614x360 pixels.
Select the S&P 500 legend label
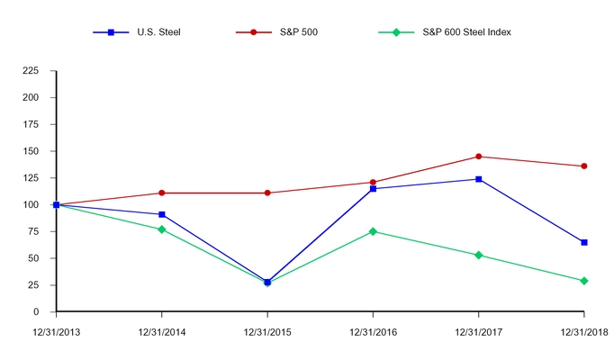297,32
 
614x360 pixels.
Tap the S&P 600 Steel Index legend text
466,32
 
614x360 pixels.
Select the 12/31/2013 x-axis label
56,333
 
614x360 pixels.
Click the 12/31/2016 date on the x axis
373,333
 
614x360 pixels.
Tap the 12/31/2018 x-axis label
583,333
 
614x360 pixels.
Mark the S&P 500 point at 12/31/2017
478,157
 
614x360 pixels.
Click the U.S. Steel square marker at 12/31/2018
584,242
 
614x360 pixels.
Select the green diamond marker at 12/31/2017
478,255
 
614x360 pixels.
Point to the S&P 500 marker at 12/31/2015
267,193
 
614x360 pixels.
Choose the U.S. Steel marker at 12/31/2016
373,189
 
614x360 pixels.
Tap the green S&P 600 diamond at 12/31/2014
162,229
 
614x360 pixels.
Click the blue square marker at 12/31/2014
162,214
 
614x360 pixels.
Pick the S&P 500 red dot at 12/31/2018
584,166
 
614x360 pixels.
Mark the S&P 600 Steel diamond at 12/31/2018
584,281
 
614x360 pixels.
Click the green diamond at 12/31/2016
373,231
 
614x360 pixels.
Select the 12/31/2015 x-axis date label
267,333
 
